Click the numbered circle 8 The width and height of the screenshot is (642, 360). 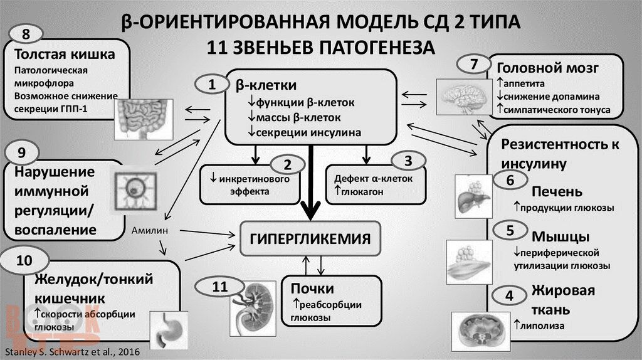pyautogui.click(x=24, y=33)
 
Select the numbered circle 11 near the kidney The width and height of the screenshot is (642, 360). pyautogui.click(x=219, y=287)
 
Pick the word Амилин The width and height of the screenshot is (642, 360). pyautogui.click(x=150, y=230)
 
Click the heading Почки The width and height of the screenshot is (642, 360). pyautogui.click(x=312, y=289)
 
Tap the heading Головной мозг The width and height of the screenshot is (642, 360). pyautogui.click(x=548, y=68)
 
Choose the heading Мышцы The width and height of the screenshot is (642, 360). pyautogui.click(x=560, y=237)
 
